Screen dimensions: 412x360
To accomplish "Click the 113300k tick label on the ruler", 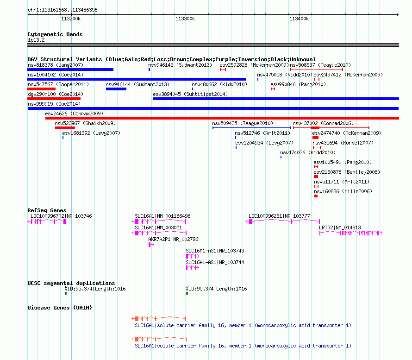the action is click(185, 19).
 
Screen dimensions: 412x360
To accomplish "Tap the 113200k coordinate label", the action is click(71, 19).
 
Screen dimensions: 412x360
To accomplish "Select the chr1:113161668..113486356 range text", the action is click(62, 10).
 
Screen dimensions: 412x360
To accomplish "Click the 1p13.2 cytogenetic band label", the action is click(36, 40).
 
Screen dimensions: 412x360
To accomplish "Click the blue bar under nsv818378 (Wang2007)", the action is click(70, 69).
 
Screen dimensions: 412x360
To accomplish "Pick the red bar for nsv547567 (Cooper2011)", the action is click(42, 89).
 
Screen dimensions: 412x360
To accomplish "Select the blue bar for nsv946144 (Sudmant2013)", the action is click(116, 89).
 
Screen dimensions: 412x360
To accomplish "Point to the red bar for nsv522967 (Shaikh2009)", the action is click(65, 128).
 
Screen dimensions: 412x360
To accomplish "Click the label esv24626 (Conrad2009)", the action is click(74, 114).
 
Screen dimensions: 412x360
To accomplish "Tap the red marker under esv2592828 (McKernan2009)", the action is click(223, 69).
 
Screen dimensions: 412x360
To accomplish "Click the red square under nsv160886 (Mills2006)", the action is click(316, 196).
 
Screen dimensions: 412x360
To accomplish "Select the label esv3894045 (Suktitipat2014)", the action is click(190, 94).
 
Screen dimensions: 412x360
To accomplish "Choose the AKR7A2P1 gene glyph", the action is click(151, 245).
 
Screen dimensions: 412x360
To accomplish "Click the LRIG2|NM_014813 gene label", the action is click(340, 227).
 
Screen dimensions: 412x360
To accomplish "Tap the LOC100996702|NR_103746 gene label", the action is click(61, 216).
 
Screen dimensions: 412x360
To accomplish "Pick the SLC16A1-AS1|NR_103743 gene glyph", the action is click(192, 256).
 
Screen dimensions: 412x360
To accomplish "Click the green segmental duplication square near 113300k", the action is click(187, 293).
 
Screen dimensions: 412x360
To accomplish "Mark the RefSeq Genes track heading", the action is click(47, 210).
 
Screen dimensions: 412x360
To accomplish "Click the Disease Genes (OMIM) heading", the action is click(60, 308).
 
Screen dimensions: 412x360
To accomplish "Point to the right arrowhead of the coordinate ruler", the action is click(398, 14).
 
